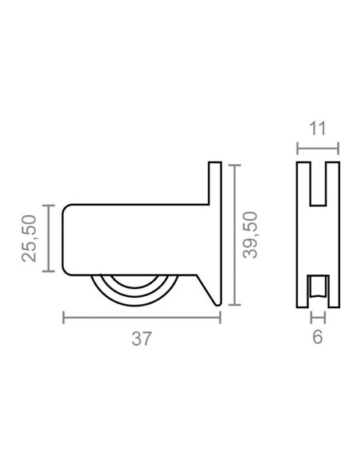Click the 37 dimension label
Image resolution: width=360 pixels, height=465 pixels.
click(x=142, y=338)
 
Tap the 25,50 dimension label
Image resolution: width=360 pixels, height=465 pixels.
click(x=29, y=238)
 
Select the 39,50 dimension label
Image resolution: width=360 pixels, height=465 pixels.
click(x=250, y=235)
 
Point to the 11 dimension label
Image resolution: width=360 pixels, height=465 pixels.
click(x=317, y=129)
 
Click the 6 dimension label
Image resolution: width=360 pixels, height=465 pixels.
click(x=317, y=337)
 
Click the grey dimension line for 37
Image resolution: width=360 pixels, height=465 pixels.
click(x=142, y=318)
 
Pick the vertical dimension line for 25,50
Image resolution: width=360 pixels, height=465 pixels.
click(x=49, y=238)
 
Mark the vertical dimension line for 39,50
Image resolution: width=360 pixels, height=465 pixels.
click(x=235, y=235)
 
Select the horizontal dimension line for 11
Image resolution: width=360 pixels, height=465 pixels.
click(x=318, y=148)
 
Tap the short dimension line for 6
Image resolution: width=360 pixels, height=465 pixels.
click(x=318, y=318)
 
